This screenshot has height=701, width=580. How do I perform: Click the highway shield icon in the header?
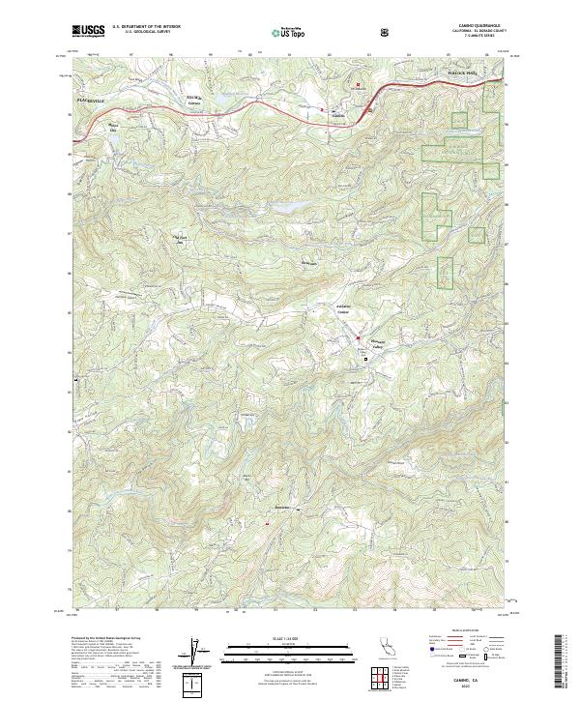(x=387, y=32)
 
